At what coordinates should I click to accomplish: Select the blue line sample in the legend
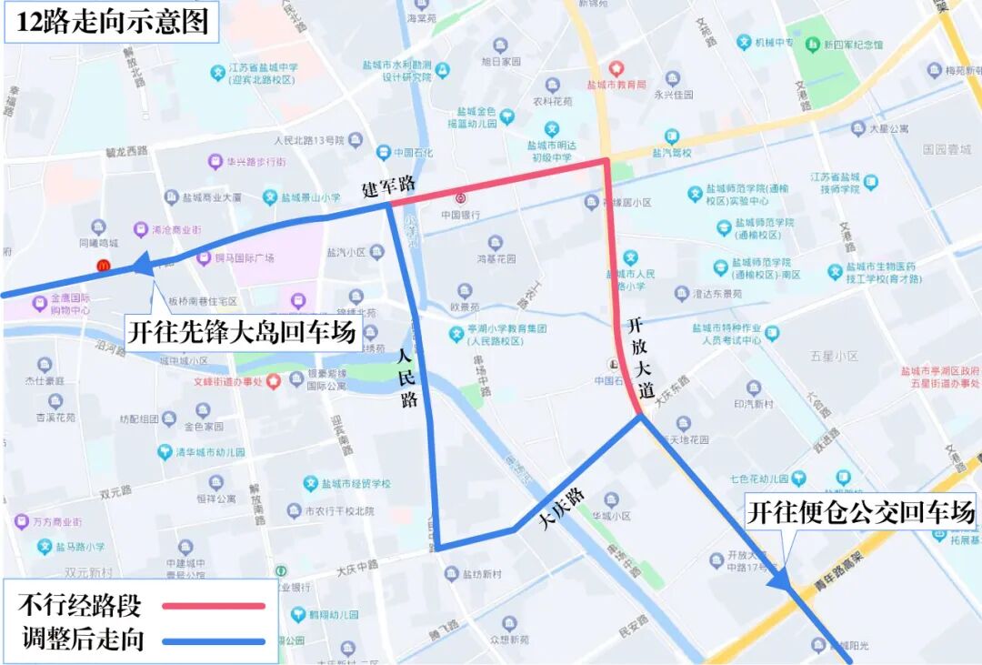click(x=214, y=641)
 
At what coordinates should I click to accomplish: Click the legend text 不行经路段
click(x=80, y=605)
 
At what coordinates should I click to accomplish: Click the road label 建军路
click(x=388, y=186)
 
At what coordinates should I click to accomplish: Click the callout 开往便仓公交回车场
click(x=860, y=513)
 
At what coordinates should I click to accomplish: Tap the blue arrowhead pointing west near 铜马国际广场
click(x=143, y=266)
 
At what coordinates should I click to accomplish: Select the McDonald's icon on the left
click(x=104, y=266)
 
